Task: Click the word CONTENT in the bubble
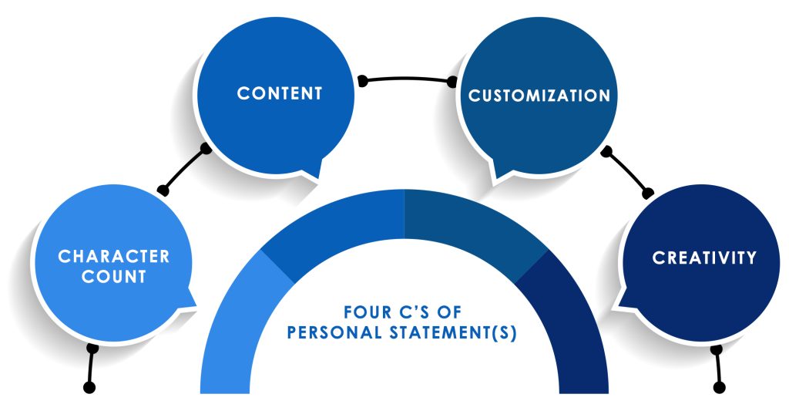coord(279,93)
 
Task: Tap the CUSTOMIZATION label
coord(539,96)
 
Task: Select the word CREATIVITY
coord(704,258)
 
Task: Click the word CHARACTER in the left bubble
coord(113,256)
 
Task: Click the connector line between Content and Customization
coord(407,77)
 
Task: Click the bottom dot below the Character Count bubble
coord(89,386)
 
